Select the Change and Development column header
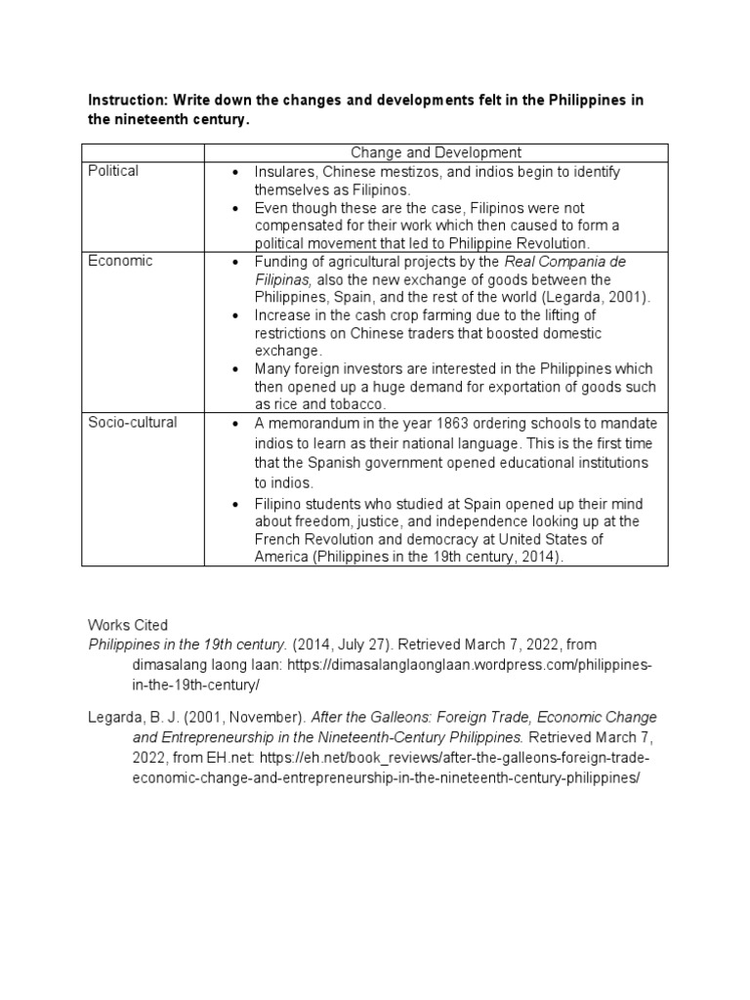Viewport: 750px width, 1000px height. pyautogui.click(x=436, y=152)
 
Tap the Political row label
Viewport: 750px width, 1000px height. pyautogui.click(x=113, y=171)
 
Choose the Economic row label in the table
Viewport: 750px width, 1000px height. pyautogui.click(x=120, y=261)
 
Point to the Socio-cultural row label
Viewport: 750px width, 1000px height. pyautogui.click(x=134, y=422)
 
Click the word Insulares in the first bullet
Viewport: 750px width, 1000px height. pyautogui.click(x=285, y=171)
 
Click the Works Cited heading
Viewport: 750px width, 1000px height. pyautogui.click(x=128, y=625)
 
